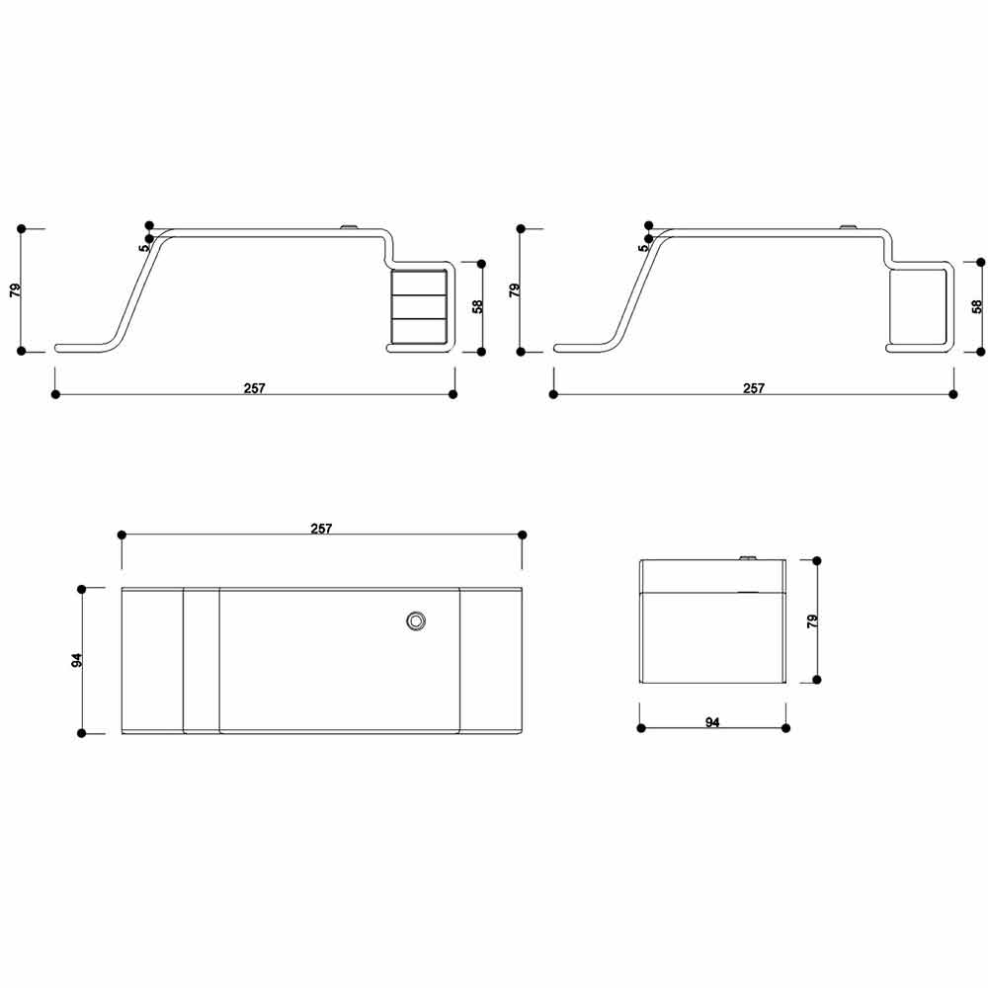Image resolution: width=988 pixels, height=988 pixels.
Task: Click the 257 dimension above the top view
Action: [x=321, y=529]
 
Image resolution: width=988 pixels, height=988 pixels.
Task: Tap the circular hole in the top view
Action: [x=416, y=621]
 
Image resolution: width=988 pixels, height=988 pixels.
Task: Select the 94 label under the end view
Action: [x=712, y=722]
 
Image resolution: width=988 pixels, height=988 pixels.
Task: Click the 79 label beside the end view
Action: [x=813, y=620]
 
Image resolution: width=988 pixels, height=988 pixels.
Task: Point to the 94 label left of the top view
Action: [x=76, y=660]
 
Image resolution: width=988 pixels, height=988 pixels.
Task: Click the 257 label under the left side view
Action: [x=255, y=388]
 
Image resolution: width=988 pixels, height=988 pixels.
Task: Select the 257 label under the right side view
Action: [x=754, y=388]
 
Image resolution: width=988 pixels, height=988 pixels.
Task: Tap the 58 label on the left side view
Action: [x=478, y=306]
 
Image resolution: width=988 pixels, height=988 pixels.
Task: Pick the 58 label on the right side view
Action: [x=977, y=306]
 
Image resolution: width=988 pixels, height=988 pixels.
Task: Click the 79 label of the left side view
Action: [x=16, y=290]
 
